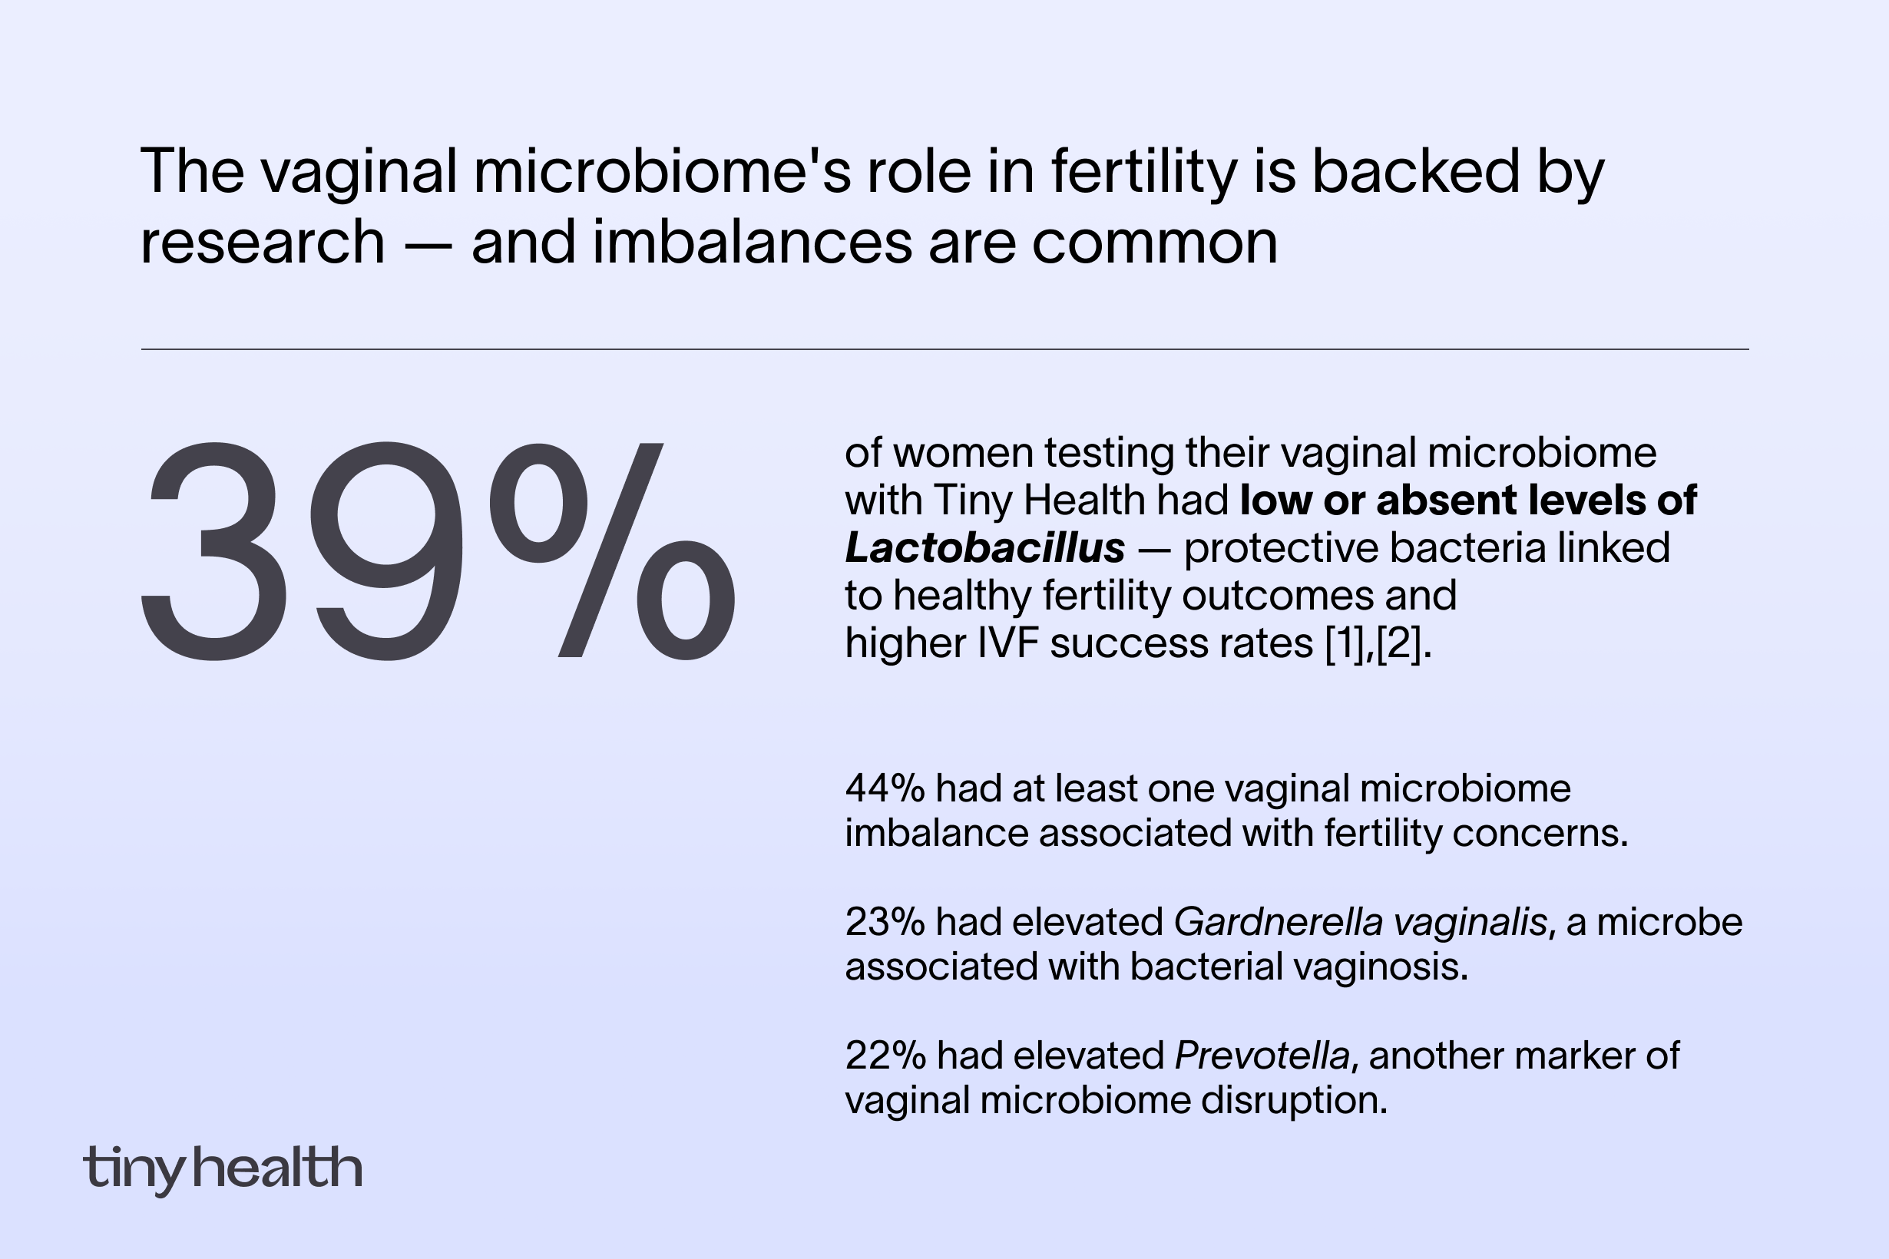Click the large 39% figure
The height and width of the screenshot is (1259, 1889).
438,553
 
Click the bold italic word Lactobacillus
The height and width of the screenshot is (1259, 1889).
984,548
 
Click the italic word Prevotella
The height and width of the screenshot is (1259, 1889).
1262,1055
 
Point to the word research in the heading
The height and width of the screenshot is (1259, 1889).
263,242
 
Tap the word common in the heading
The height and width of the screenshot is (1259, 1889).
1154,242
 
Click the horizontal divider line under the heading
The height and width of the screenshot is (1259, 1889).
945,349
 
